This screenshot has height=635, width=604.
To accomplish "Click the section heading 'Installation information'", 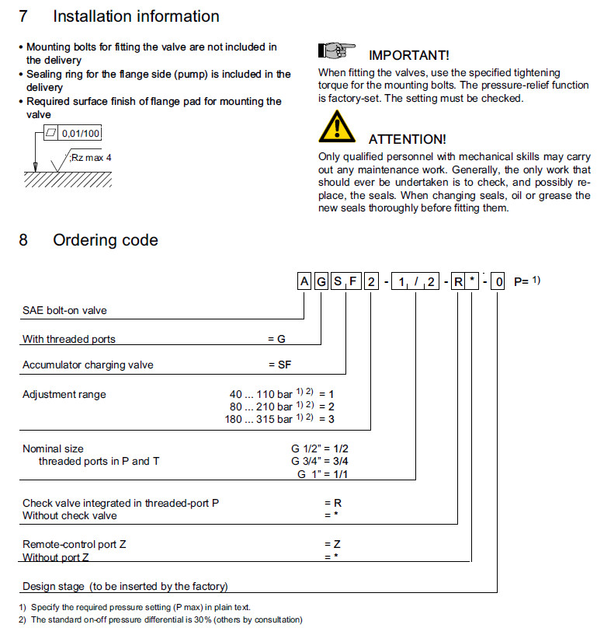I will coord(136,16).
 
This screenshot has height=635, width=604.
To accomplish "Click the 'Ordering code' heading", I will coord(105,240).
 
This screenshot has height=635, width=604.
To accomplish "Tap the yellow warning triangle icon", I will coord(336,127).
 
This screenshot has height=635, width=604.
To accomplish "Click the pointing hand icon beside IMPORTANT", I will coord(336,51).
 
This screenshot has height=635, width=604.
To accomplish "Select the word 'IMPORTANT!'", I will coord(408,56).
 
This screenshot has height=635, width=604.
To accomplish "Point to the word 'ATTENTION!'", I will coord(407,139).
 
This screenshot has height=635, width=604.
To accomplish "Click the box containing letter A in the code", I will coord(304,281).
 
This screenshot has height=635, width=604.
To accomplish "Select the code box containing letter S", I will coord(338,281).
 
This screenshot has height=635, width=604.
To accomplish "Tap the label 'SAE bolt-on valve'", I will coord(64,310).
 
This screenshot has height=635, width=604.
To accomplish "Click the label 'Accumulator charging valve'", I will coord(88,365).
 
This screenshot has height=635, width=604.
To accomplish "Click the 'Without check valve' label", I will coord(70,515).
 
